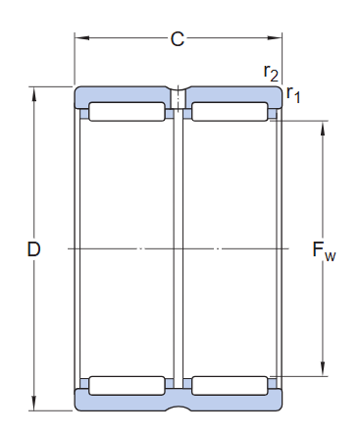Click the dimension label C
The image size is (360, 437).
tap(178, 39)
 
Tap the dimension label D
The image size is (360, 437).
tap(33, 250)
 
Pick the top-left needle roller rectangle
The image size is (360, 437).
tap(128, 112)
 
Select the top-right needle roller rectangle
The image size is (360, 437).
tap(230, 112)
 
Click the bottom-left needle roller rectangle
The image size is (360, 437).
tap(128, 384)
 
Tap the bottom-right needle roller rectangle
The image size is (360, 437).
tap(230, 384)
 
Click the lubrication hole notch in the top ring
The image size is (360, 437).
tap(179, 98)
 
